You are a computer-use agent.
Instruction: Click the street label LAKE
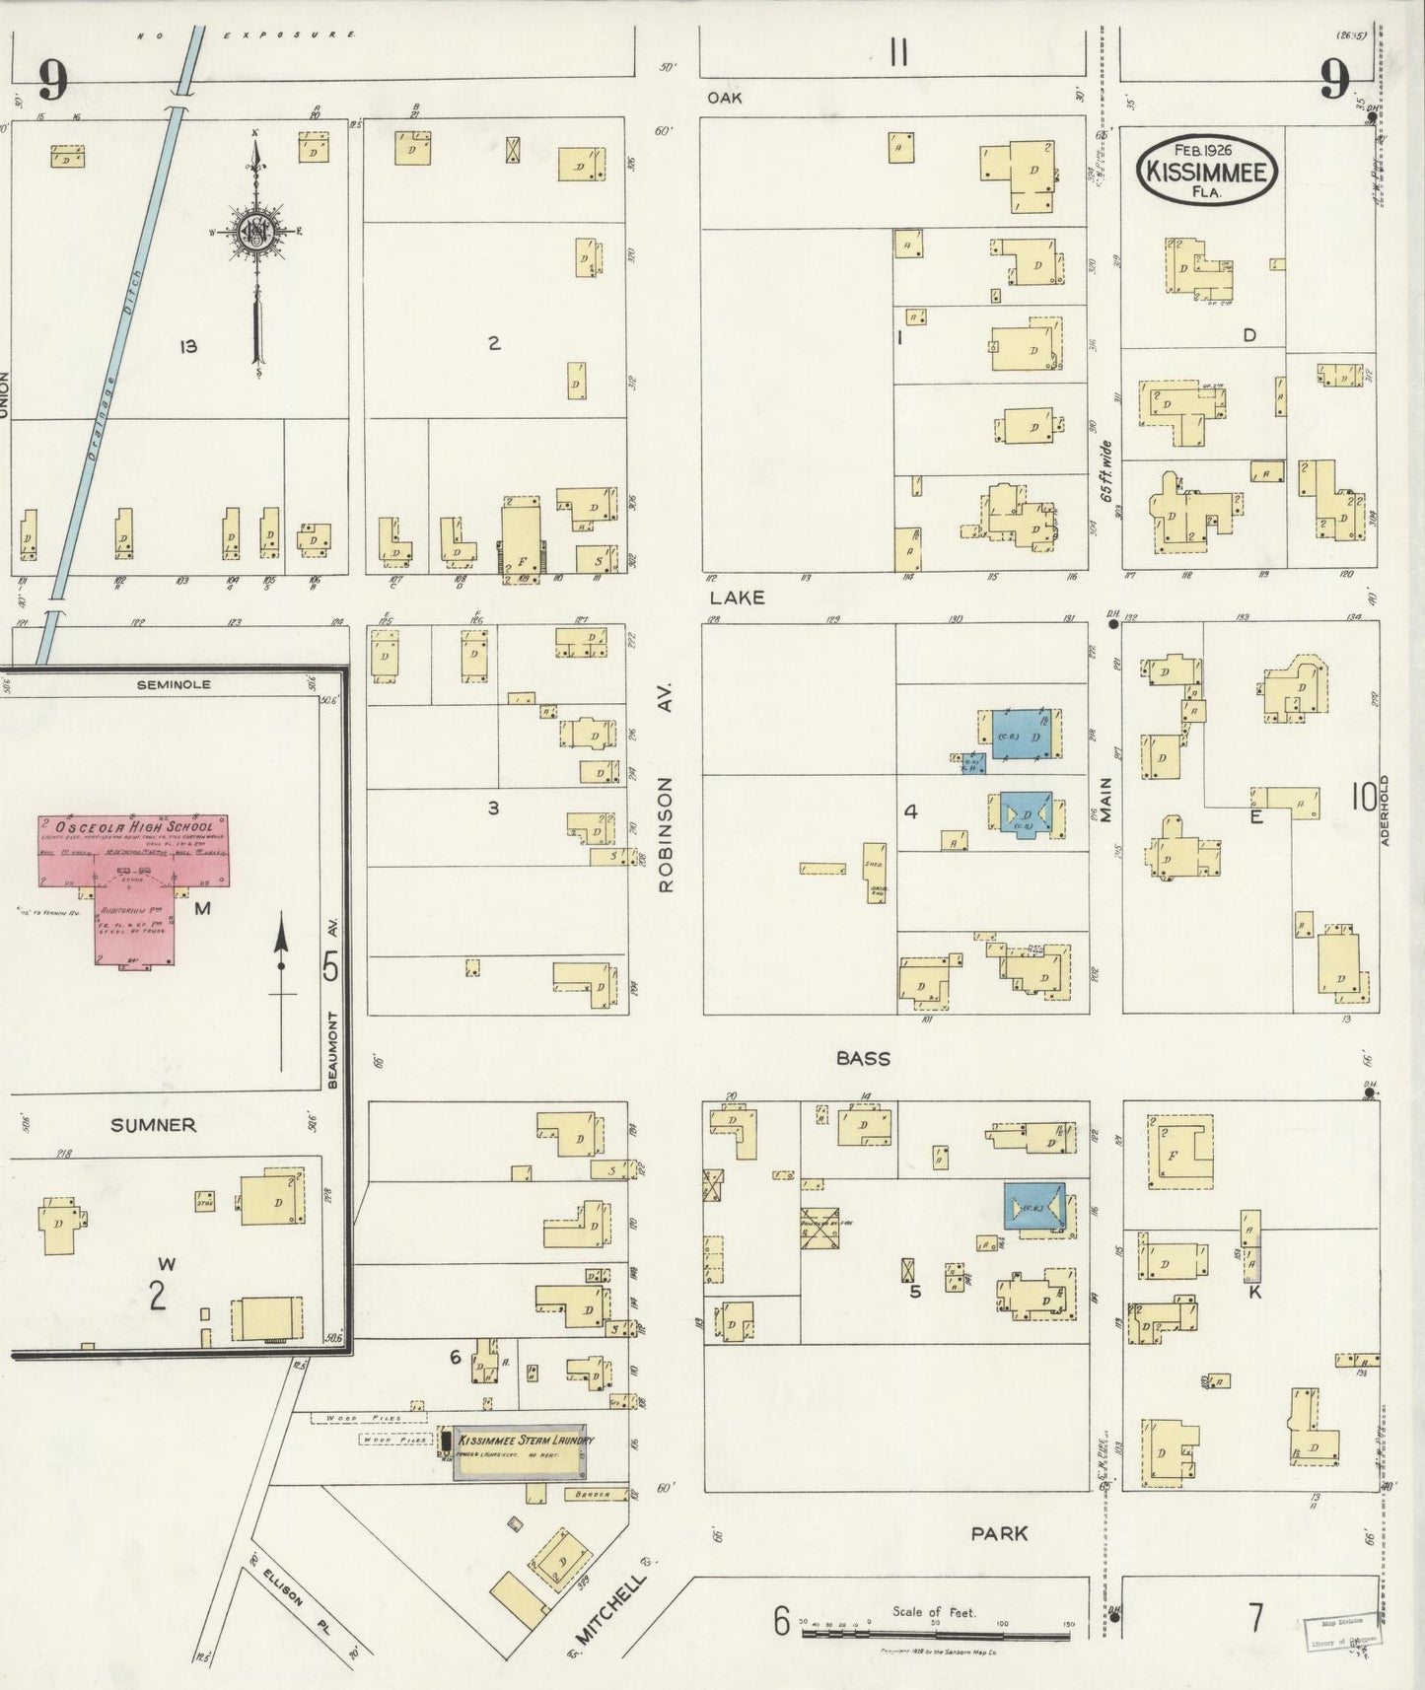737,598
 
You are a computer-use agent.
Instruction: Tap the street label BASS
863,1059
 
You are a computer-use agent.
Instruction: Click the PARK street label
999,1533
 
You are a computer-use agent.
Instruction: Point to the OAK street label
724,98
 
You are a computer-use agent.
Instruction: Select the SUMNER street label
153,1125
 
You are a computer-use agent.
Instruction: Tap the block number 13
187,346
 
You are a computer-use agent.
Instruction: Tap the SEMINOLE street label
174,684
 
